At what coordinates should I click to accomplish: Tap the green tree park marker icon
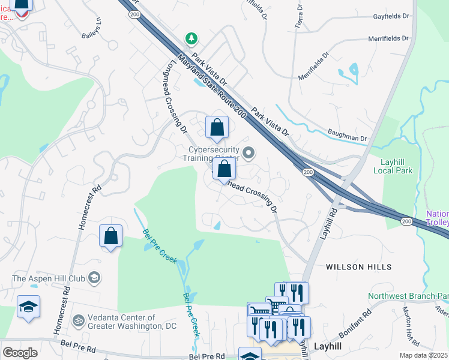click(191, 39)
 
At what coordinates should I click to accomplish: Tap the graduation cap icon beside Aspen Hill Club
click(94, 277)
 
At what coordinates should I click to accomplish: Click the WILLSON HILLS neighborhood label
click(358, 266)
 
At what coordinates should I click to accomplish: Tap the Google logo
click(20, 352)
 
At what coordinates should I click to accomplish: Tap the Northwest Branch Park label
click(408, 296)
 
